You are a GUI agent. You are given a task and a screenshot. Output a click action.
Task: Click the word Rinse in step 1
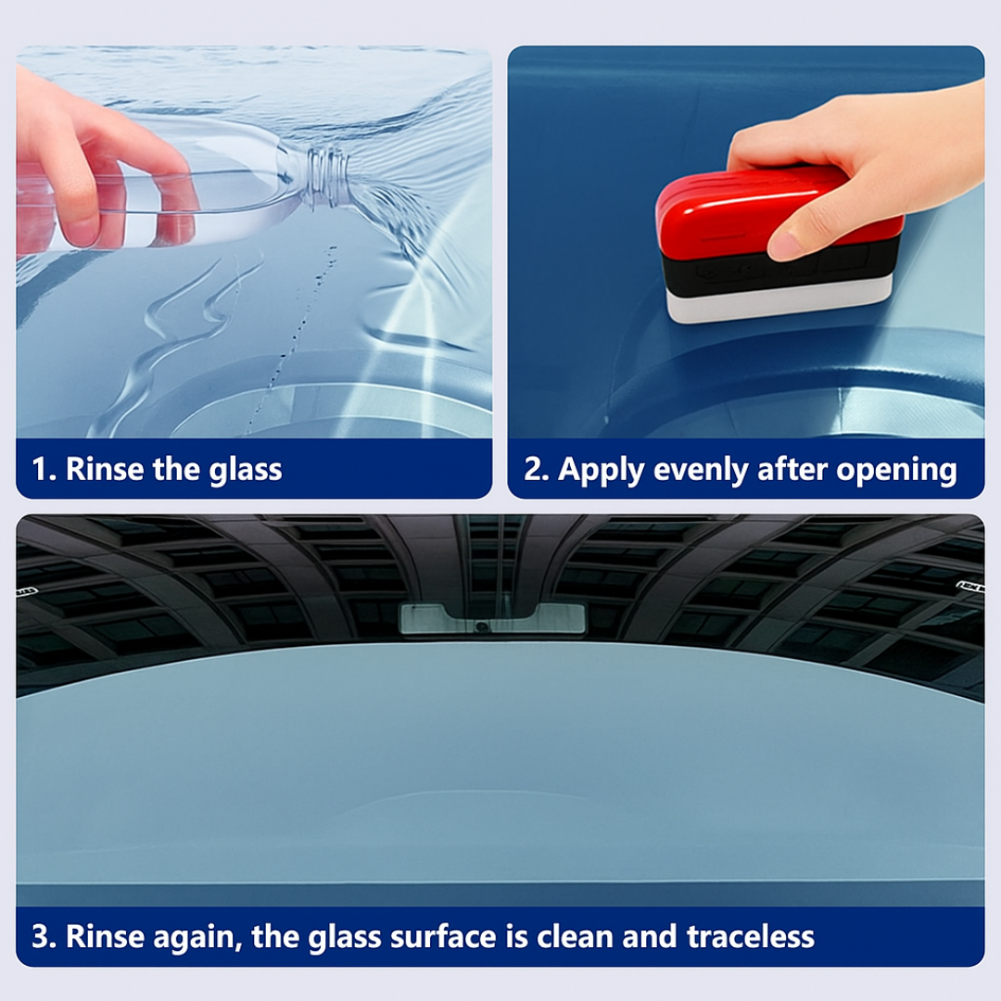105,469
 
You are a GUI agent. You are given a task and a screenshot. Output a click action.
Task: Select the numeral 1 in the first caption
40,469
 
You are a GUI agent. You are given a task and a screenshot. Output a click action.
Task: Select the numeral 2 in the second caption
532,469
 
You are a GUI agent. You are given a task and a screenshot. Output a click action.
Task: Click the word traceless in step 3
750,937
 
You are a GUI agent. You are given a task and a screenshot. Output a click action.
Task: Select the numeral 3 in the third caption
40,937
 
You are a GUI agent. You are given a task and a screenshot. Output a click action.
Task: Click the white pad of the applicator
779,301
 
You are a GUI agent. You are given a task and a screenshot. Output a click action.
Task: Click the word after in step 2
792,469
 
